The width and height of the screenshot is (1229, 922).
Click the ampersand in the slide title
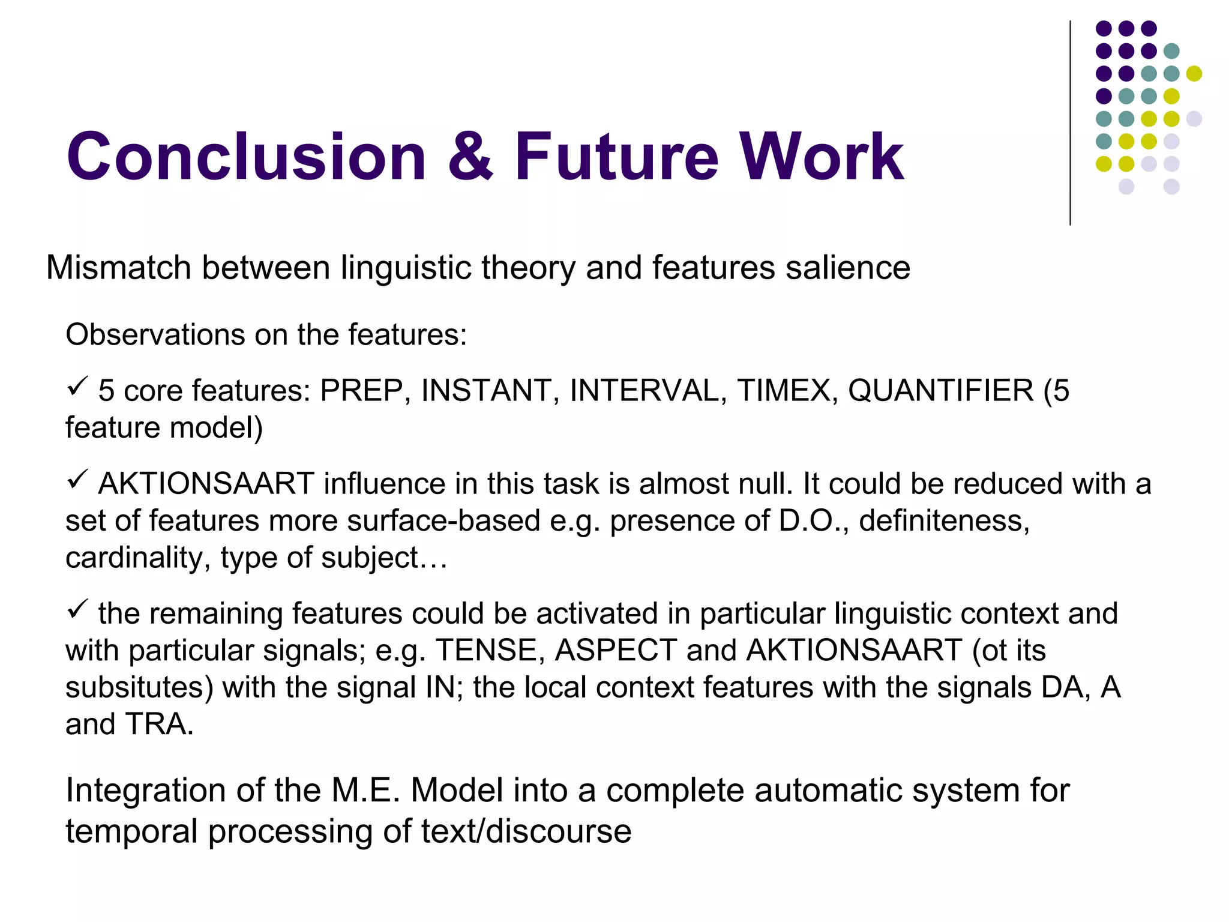coord(470,157)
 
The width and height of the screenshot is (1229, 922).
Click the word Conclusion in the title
coord(246,157)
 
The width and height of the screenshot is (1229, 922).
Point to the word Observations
coord(155,334)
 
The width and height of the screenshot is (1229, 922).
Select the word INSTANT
coord(485,391)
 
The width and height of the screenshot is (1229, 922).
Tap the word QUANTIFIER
coord(940,391)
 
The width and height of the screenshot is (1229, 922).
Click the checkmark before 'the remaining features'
coord(77,609)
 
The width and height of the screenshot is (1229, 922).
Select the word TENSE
coord(486,650)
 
